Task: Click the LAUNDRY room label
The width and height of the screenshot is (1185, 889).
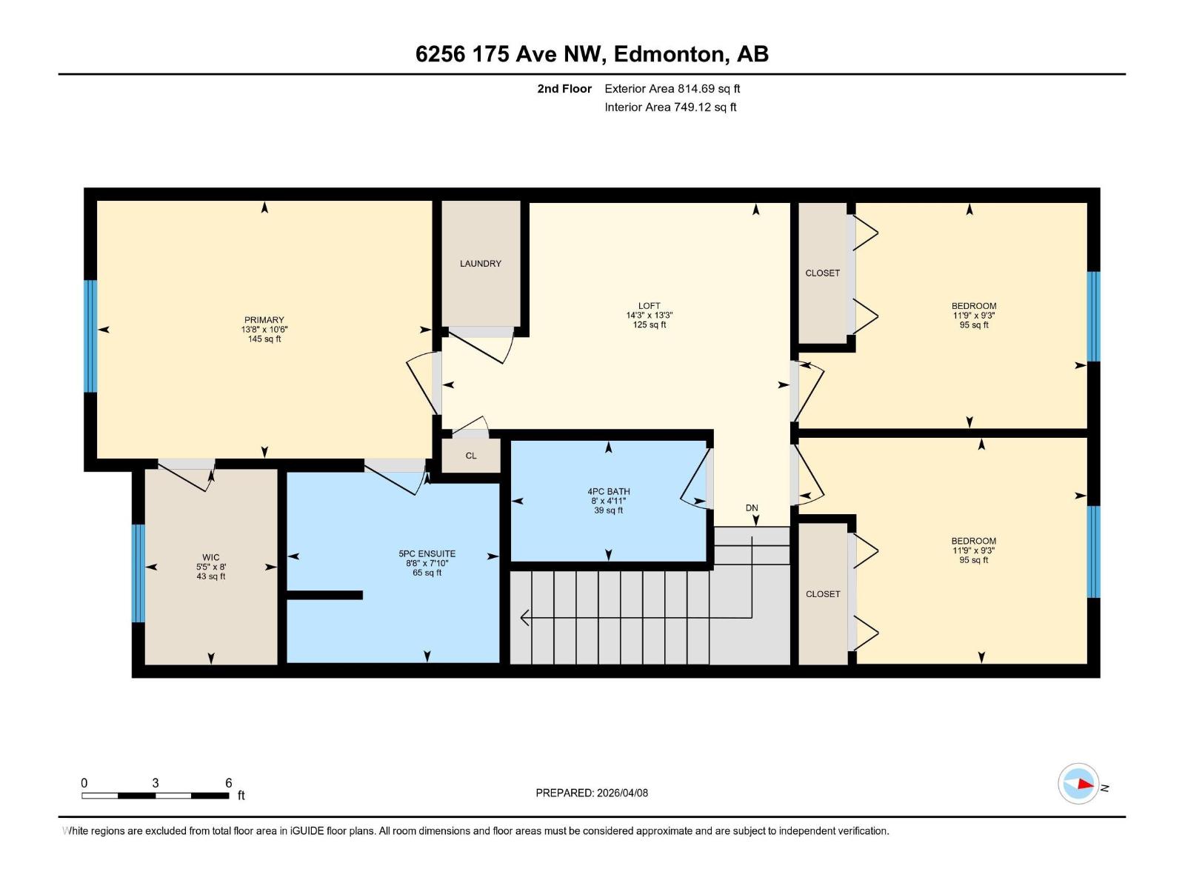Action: [480, 264]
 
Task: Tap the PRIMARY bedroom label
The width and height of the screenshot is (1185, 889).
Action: [264, 320]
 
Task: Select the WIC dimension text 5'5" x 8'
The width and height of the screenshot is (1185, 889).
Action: [211, 567]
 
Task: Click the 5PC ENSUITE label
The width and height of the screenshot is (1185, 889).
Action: [427, 553]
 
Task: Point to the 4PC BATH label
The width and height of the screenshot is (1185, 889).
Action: [608, 491]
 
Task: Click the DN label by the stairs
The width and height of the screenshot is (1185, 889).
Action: [752, 507]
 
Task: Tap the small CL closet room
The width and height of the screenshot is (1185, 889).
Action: [471, 456]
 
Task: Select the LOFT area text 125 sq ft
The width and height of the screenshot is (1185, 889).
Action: [649, 324]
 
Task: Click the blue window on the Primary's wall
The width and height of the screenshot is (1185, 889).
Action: [90, 336]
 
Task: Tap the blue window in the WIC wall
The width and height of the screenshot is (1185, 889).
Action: [138, 573]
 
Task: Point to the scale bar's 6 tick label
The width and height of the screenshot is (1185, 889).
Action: [228, 783]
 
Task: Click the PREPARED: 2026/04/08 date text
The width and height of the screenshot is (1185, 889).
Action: [592, 793]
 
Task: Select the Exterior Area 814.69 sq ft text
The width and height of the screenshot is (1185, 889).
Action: [672, 89]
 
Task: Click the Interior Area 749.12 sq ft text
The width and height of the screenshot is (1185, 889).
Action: [670, 107]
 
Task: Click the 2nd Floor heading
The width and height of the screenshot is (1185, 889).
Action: [564, 89]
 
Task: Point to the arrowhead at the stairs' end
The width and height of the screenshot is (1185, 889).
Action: [524, 617]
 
